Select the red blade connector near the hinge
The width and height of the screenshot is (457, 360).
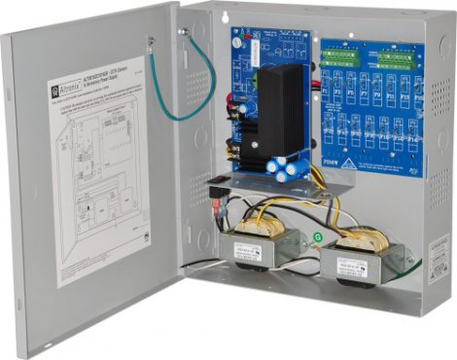tap(212, 205)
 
